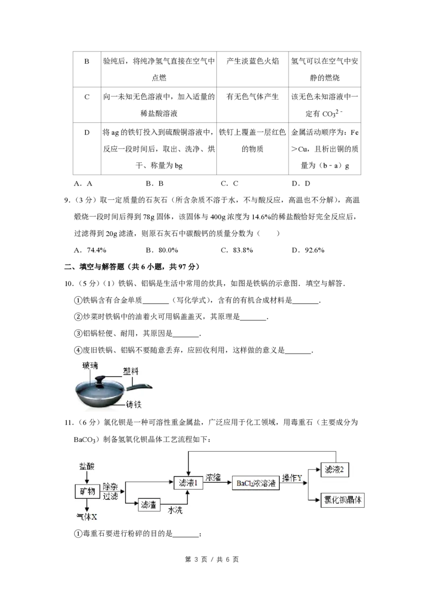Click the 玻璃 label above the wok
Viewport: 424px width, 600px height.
click(x=90, y=365)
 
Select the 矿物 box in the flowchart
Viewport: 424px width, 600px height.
click(x=87, y=491)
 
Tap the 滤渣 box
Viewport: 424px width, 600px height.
click(x=149, y=505)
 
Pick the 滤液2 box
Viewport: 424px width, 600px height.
click(x=335, y=470)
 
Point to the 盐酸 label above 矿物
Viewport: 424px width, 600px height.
click(x=87, y=465)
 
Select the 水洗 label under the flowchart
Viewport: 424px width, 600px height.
click(x=175, y=510)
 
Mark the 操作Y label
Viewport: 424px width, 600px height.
click(x=292, y=478)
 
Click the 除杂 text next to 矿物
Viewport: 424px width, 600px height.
click(x=111, y=487)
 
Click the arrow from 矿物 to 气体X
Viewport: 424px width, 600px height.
click(x=87, y=505)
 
